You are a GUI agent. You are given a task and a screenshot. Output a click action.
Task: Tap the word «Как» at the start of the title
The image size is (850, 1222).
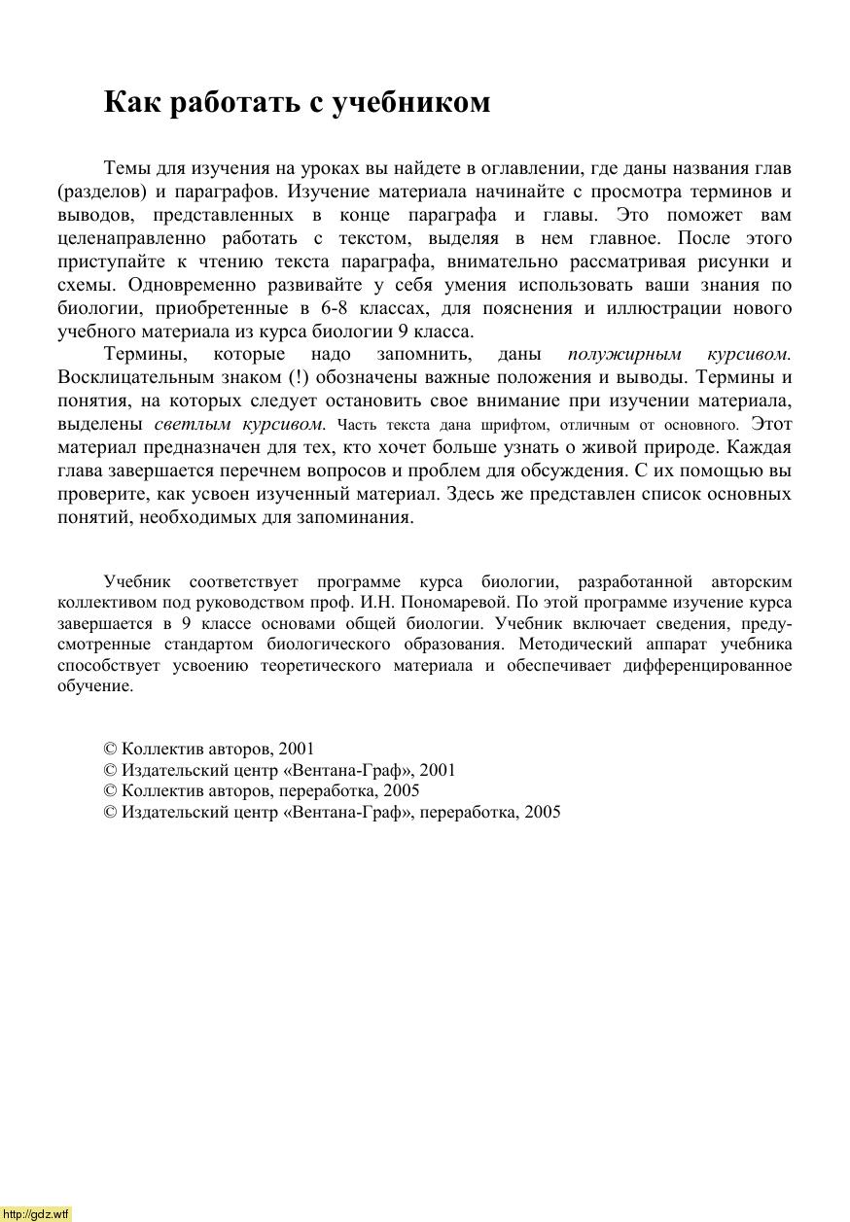[x=132, y=102]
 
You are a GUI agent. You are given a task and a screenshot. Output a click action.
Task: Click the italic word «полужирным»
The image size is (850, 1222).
[x=623, y=355]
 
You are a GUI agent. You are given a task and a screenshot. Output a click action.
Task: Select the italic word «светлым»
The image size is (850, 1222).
[x=192, y=424]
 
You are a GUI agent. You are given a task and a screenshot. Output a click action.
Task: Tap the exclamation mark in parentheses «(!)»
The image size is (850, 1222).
[x=299, y=377]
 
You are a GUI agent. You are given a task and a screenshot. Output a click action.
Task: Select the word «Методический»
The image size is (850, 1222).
[x=568, y=645]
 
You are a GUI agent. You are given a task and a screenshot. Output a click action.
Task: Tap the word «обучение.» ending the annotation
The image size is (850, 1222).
[x=95, y=686]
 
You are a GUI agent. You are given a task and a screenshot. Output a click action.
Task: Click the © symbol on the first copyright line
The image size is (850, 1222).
[x=110, y=750]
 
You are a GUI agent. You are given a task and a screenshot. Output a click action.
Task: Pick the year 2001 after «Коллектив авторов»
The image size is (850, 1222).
[x=296, y=750]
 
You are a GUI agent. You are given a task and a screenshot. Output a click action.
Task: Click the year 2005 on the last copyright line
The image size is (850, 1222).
[x=542, y=812]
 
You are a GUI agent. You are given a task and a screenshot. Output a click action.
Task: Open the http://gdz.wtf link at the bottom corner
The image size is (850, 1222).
[x=36, y=1214]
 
